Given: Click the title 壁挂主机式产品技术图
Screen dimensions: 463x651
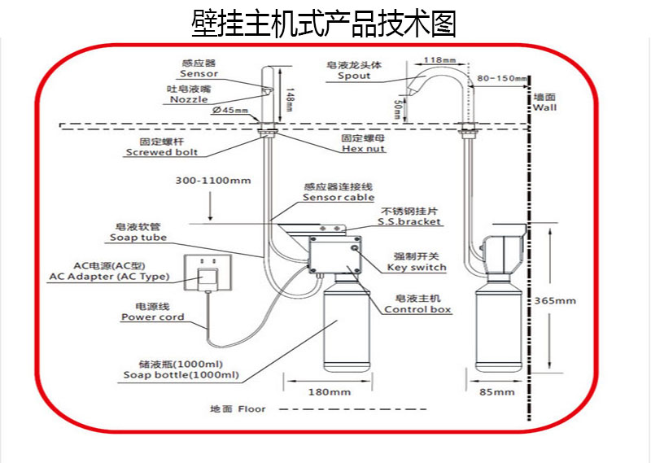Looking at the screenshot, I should tap(324, 24).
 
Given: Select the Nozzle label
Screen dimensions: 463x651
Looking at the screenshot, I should tap(189, 99).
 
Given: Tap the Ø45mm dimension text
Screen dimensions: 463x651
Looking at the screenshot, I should tap(230, 111).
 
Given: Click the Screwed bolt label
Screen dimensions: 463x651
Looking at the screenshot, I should tap(162, 152).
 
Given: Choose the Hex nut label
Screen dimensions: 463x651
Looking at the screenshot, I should tap(363, 149).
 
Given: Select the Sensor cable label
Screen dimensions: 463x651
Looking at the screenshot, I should tap(339, 197).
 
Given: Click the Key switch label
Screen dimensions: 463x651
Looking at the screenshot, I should tap(416, 267).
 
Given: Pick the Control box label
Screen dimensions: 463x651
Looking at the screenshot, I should tap(417, 309).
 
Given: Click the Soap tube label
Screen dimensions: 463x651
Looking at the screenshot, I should tap(138, 238).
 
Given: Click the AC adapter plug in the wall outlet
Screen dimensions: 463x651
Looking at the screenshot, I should tap(209, 277).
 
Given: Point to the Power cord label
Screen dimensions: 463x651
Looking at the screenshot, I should tap(153, 317).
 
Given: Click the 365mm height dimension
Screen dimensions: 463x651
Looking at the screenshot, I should tap(554, 300).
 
